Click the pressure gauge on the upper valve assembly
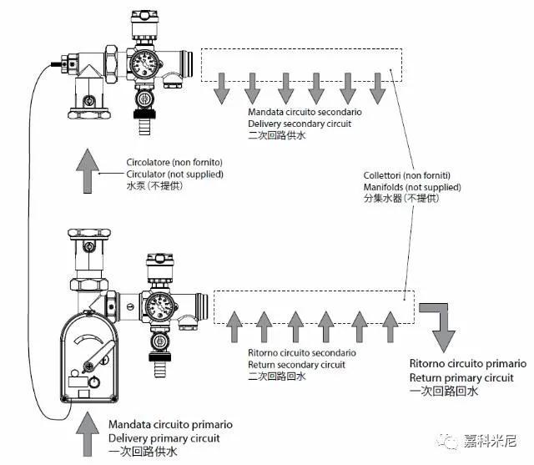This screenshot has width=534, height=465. coord(144,63)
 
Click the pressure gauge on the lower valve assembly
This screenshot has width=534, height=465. coord(159,306)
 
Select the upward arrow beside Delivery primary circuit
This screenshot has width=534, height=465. coord(88,434)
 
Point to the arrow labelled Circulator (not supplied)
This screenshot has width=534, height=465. coord(88,171)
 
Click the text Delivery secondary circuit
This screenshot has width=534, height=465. coord(300,124)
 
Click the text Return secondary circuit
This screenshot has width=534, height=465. coord(296,365)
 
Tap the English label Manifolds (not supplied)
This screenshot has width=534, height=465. coord(412,187)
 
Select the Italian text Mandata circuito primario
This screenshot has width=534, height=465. coord(170,424)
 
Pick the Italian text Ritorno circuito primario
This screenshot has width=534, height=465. coord(468,363)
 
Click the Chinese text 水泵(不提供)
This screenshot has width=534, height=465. coord(154,185)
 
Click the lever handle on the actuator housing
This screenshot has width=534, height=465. coord(99,356)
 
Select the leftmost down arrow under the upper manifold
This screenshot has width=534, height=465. coord(221,88)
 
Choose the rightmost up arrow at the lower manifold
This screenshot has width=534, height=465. coord(390,327)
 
